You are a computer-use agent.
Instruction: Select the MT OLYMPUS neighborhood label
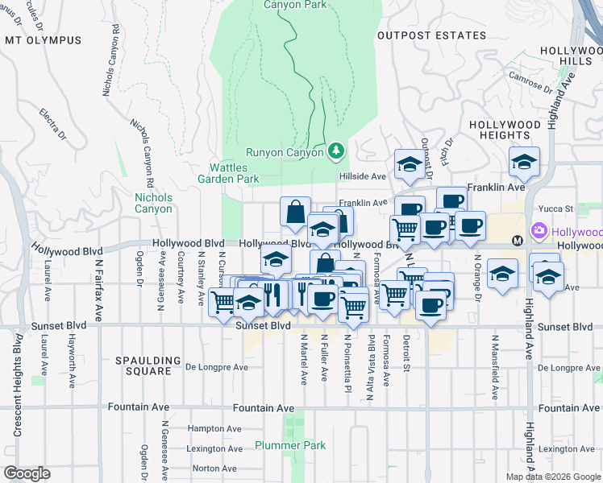point(44,40)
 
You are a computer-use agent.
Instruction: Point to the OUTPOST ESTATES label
point(432,35)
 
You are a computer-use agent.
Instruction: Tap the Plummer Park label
point(289,445)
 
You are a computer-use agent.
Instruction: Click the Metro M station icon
point(518,241)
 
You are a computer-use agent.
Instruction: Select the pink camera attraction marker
point(539,233)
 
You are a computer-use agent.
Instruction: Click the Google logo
point(27,473)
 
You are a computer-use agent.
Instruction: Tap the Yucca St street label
point(557,208)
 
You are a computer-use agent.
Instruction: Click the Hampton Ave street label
point(214,429)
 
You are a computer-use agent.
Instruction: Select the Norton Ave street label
point(214,468)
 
